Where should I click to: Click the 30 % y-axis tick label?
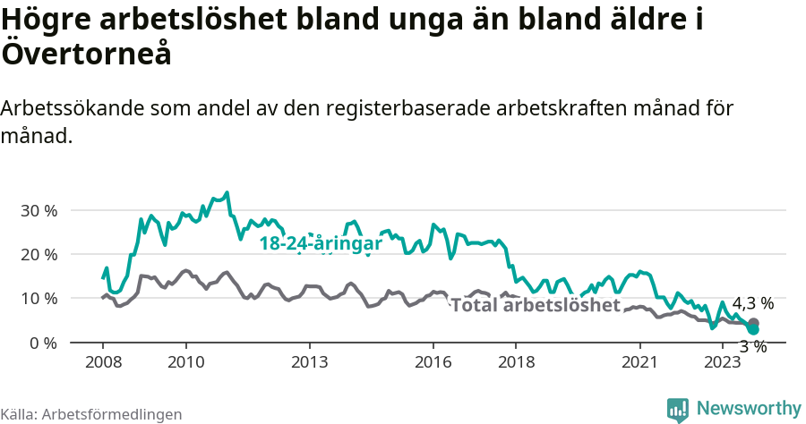click(39, 211)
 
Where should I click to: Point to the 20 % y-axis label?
click(39, 255)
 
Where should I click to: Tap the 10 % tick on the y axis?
click(39, 299)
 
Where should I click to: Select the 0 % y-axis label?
click(42, 343)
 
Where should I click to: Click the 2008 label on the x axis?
click(102, 361)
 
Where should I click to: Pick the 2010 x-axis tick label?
click(185, 361)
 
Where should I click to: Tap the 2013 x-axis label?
click(309, 361)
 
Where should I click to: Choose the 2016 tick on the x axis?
click(433, 361)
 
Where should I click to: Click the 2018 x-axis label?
click(517, 361)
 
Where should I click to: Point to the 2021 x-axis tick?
click(640, 361)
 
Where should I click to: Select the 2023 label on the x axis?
click(723, 361)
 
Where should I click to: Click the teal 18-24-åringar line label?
click(321, 243)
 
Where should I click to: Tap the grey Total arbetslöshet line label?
click(536, 305)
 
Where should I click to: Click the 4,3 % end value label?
click(752, 303)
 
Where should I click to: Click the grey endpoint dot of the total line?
click(753, 323)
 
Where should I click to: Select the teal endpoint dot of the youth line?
click(753, 330)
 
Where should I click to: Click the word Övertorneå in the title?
click(86, 54)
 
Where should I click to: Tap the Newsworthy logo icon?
click(678, 410)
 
